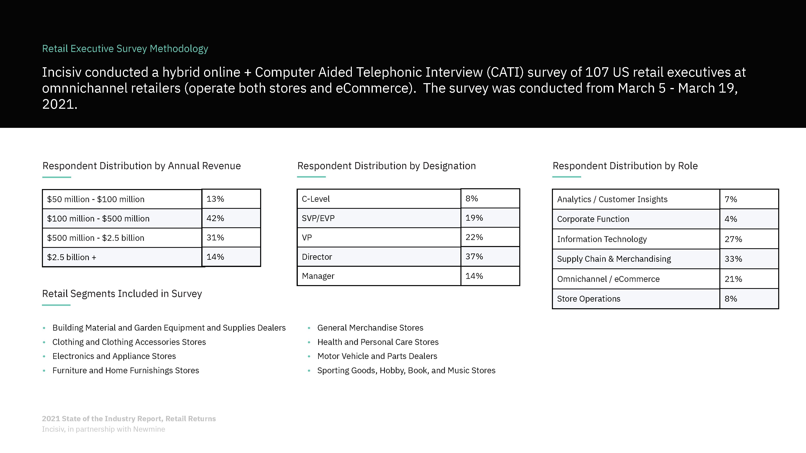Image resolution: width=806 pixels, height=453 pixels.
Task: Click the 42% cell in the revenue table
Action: pos(215,218)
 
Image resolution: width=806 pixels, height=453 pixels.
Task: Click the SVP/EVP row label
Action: pos(318,218)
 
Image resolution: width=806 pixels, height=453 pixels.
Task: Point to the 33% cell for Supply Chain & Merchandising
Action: pos(733,259)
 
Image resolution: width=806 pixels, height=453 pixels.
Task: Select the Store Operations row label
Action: pos(589,299)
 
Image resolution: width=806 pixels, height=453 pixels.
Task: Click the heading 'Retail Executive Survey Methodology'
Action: pos(125,49)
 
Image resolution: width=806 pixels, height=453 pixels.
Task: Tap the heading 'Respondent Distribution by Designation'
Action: pos(386,166)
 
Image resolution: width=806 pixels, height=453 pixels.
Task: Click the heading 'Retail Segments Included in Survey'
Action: pos(122,294)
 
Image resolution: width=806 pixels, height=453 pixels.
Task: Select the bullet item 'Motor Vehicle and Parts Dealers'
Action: pos(377,356)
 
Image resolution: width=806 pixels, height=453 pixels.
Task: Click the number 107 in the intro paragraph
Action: pos(597,72)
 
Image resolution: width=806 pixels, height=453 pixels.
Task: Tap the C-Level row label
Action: pos(316,199)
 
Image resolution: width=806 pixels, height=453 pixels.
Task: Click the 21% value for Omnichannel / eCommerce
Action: pos(733,279)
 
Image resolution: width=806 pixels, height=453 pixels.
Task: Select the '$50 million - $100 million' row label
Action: pos(96,199)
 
